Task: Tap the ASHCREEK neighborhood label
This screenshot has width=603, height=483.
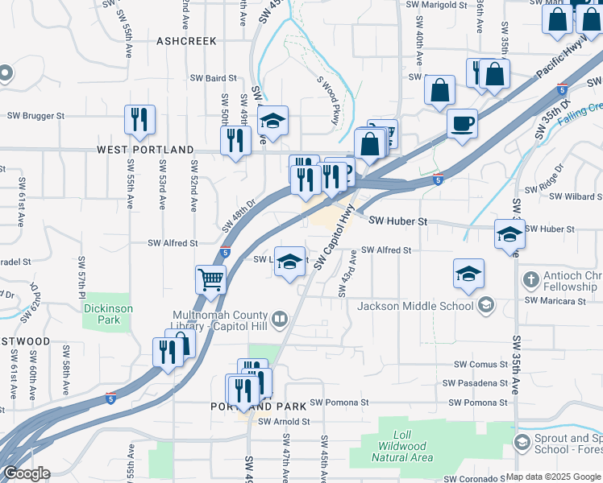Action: [187, 40]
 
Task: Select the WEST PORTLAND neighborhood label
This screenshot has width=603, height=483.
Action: [145, 150]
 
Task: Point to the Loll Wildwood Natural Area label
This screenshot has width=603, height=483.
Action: [402, 446]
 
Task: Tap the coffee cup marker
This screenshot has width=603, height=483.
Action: [462, 125]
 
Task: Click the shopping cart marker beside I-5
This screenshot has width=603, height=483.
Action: [210, 280]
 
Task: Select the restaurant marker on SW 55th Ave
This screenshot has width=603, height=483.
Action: [139, 120]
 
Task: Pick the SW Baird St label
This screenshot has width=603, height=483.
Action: [213, 78]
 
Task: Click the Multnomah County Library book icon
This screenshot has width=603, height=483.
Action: [279, 320]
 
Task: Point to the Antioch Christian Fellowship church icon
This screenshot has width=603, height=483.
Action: [530, 280]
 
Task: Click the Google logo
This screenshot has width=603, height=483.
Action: [27, 474]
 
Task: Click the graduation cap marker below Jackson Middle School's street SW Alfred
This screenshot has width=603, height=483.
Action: [468, 274]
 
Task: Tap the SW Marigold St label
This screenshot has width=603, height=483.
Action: [436, 4]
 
